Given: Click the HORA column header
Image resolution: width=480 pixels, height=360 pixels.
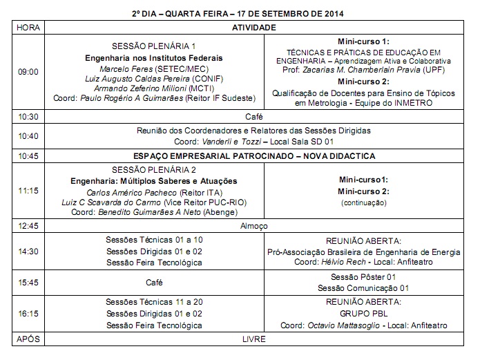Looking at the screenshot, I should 27,27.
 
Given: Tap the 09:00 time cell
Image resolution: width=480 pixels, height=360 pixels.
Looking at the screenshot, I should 28,71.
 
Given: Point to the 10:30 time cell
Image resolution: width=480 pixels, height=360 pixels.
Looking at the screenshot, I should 28,117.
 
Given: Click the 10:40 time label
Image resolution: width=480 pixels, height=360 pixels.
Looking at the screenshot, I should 28,135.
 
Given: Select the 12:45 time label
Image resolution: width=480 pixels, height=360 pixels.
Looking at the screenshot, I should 28,226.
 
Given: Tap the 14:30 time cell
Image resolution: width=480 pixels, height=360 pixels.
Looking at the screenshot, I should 28,252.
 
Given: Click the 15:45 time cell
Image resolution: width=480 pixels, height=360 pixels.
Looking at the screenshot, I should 28,283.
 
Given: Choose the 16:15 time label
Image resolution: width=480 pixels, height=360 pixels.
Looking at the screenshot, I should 28,313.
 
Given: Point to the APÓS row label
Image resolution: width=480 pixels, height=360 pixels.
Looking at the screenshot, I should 28,339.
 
